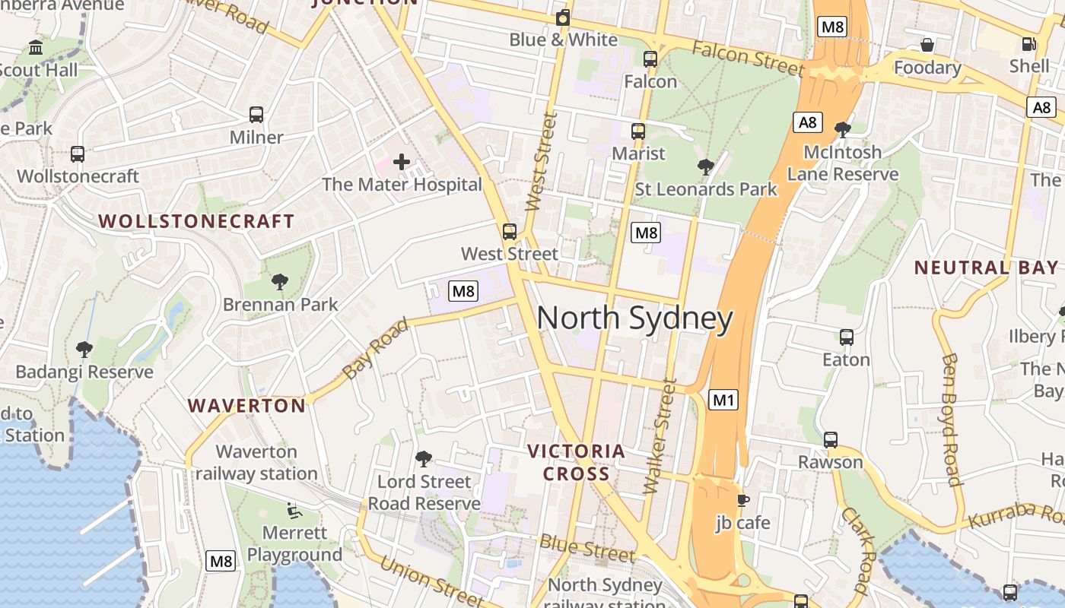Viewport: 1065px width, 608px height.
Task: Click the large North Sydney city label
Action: coord(635,318)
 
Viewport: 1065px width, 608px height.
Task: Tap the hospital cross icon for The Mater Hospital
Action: coord(402,161)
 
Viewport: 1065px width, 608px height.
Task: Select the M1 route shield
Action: coord(723,399)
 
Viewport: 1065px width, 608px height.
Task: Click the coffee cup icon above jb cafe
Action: coord(742,500)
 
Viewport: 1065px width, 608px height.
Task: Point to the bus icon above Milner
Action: coord(256,115)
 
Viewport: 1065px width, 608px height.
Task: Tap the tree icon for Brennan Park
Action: coord(280,282)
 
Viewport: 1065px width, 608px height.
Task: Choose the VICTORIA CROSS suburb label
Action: coord(577,462)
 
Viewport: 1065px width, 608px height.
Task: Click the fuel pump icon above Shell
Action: coord(1029,44)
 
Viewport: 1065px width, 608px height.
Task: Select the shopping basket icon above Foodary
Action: coord(927,45)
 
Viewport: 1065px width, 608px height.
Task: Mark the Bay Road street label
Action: coord(375,348)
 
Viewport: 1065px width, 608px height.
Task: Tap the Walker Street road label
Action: coord(660,437)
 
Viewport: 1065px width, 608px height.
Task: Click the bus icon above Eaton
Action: coord(846,337)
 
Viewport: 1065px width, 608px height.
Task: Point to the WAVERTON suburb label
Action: coord(247,406)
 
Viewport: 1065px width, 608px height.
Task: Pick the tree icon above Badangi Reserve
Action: coord(84,350)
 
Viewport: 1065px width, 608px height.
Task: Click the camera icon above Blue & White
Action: coord(563,17)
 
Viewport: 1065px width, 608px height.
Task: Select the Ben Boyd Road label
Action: coord(950,418)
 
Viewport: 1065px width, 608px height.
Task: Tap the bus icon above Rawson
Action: coord(831,439)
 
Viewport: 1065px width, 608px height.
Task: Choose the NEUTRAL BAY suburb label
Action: coord(985,268)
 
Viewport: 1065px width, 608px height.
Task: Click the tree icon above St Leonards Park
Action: coord(706,166)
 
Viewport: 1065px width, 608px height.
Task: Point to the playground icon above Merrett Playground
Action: coord(294,510)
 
